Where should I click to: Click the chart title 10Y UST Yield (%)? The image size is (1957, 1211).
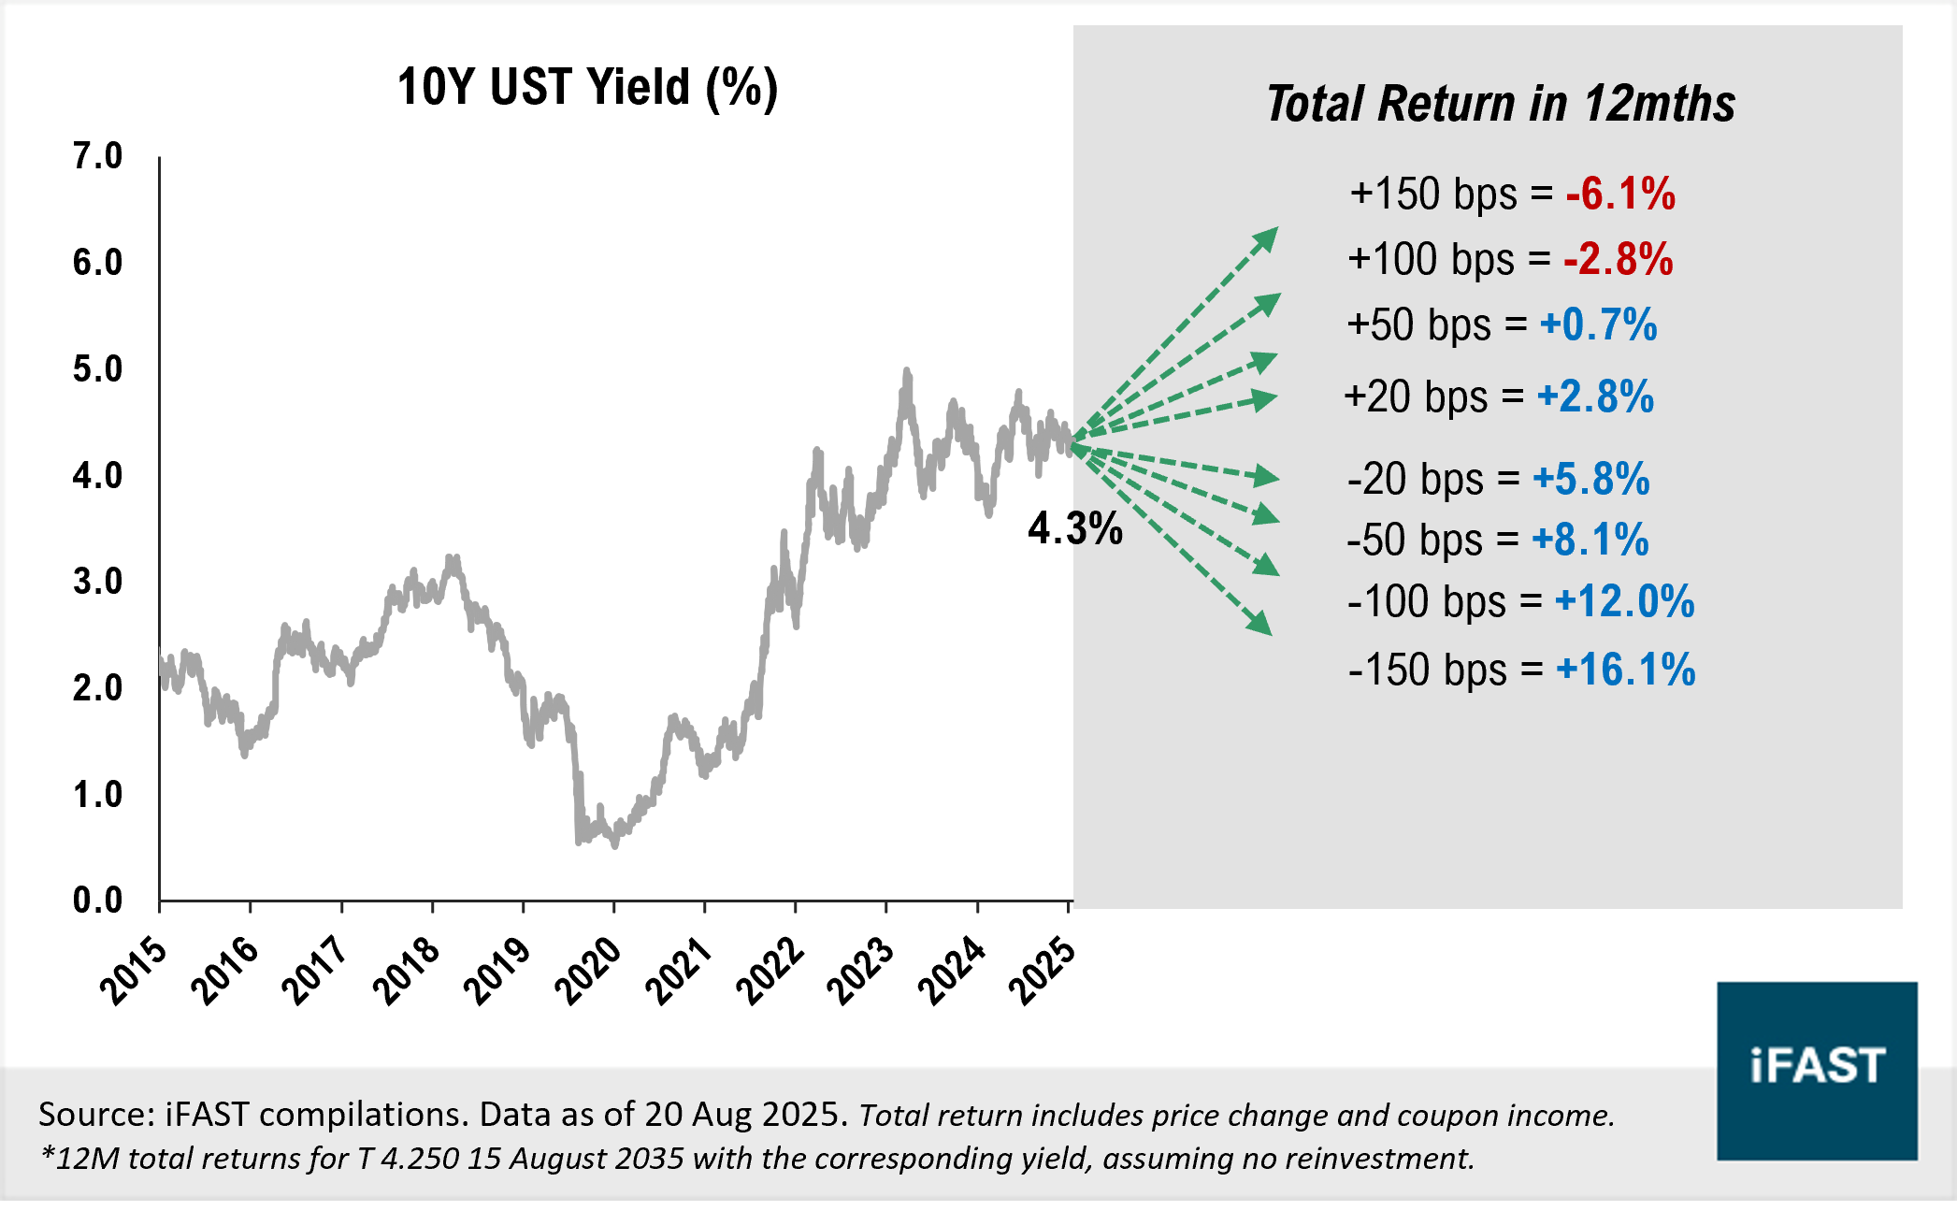pyautogui.click(x=587, y=88)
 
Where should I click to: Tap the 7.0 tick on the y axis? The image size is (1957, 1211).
pyautogui.click(x=97, y=156)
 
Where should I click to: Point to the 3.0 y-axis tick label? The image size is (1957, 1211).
pyautogui.click(x=97, y=582)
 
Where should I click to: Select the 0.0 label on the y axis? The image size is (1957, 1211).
pyautogui.click(x=97, y=901)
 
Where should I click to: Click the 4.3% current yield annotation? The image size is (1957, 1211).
pyautogui.click(x=1074, y=529)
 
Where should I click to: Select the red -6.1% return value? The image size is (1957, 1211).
pyautogui.click(x=1619, y=194)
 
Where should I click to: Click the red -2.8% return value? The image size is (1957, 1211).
pyautogui.click(x=1618, y=259)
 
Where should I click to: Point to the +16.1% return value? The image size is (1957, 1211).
pyautogui.click(x=1625, y=670)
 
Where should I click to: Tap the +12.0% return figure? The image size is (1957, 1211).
pyautogui.click(x=1624, y=601)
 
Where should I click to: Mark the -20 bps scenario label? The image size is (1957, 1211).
pyautogui.click(x=1416, y=479)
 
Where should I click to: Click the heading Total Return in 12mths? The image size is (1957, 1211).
pyautogui.click(x=1500, y=104)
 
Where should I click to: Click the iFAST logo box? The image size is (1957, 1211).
pyautogui.click(x=1816, y=1070)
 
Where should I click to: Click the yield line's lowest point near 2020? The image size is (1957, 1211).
pyautogui.click(x=614, y=843)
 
